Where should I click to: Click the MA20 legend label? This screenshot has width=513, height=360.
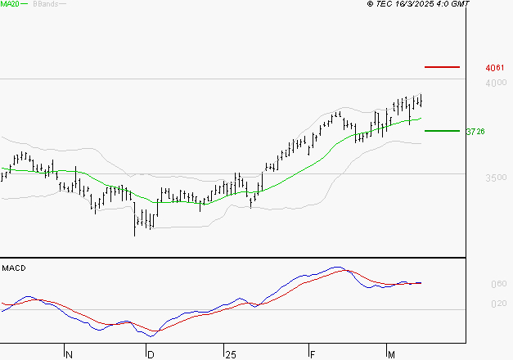pos(10,4)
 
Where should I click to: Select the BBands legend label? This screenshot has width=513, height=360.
pos(45,4)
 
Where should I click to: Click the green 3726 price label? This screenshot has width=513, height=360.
pos(475,131)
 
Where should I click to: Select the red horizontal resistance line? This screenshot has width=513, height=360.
pos(442,66)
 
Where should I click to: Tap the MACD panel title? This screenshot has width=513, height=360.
pos(12,268)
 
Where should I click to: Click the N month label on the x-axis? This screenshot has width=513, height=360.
pos(69,354)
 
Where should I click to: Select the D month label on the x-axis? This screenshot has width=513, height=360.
pos(151,354)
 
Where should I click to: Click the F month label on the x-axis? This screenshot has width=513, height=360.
pos(313,354)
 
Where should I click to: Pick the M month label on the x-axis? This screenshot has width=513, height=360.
pos(392,354)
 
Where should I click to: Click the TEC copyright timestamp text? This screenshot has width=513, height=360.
pos(419,4)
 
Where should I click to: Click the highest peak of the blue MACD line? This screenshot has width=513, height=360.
pos(335,267)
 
